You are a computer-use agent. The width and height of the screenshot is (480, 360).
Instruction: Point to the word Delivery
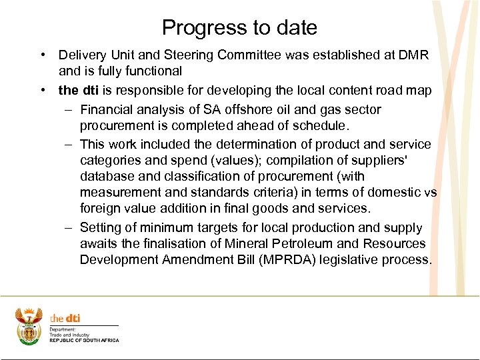tap(82, 55)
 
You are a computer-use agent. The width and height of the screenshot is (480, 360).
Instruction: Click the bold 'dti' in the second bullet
tap(91, 90)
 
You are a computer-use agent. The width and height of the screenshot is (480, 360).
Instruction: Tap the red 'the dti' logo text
tap(65, 319)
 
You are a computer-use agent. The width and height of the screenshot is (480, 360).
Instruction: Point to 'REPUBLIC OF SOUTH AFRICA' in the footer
tap(84, 341)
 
